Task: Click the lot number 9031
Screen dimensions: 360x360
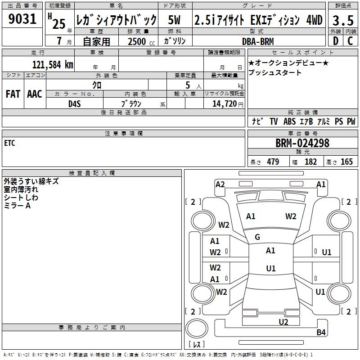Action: point(22,20)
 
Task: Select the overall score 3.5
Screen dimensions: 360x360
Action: point(342,20)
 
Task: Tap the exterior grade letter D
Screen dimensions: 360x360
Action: point(335,40)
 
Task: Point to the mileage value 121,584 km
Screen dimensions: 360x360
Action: point(53,64)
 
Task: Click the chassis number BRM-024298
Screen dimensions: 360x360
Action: point(302,143)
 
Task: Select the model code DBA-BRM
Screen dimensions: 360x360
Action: point(258,41)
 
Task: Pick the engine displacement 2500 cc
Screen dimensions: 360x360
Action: point(137,41)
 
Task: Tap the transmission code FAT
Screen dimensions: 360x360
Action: point(13,94)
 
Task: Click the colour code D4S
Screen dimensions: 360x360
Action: point(74,103)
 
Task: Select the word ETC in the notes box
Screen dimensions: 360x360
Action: point(9,143)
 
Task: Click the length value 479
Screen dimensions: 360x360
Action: point(273,162)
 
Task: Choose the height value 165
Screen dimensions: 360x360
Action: point(346,162)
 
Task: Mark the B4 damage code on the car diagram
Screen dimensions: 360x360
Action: point(321,333)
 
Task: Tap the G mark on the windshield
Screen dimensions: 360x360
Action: point(257,237)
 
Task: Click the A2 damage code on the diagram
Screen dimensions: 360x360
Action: point(220,184)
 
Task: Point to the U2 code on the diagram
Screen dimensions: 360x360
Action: point(283,321)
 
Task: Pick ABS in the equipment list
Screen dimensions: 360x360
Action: point(289,121)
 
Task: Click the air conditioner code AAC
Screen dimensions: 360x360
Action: point(34,94)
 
